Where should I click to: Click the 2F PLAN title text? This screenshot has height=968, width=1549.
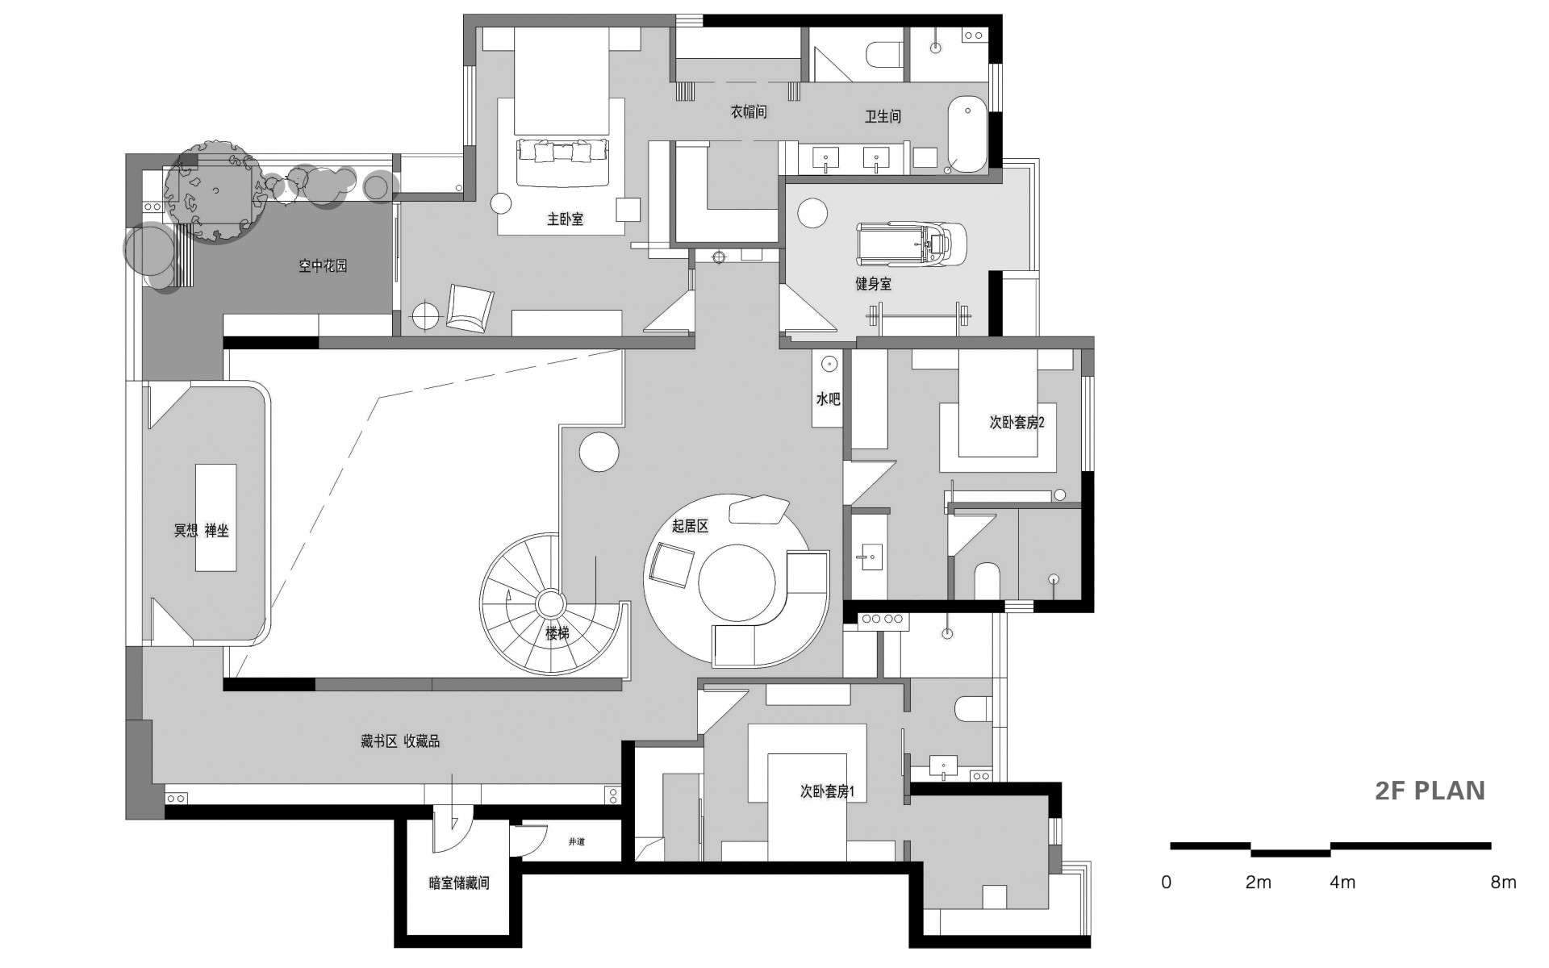1430,791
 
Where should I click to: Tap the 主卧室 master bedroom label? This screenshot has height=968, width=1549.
565,219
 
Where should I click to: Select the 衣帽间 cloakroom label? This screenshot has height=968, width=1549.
749,113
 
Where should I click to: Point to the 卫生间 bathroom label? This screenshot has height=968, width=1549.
883,117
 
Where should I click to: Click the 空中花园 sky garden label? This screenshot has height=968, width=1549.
323,265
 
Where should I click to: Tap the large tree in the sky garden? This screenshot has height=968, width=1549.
214,190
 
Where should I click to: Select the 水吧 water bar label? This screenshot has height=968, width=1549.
828,398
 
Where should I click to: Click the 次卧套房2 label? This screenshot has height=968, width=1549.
1017,423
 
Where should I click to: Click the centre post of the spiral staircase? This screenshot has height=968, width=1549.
552,603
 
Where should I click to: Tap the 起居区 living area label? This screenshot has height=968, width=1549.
690,527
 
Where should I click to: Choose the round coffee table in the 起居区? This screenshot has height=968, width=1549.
737,584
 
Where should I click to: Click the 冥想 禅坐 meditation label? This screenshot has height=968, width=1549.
202,531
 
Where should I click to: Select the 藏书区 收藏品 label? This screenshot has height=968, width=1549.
400,741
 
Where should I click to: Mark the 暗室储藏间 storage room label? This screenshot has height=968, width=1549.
459,883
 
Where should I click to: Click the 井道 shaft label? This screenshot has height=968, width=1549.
576,842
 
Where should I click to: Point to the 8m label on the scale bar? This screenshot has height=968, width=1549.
1503,882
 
